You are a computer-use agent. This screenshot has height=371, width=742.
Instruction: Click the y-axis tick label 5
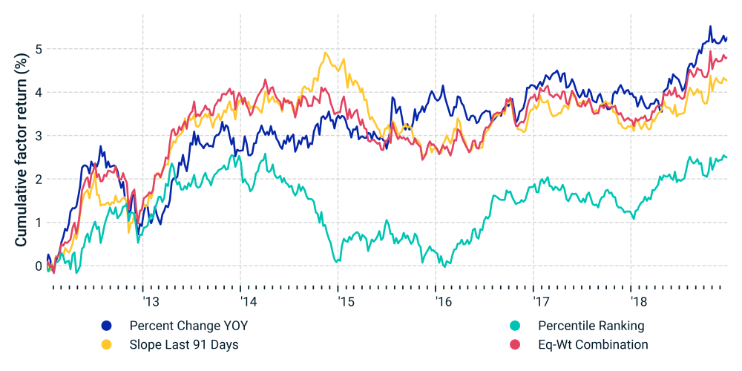tap(39, 50)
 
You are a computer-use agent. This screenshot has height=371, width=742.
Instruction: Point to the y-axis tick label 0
tap(39, 266)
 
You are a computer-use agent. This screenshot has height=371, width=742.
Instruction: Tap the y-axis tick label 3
tap(39, 137)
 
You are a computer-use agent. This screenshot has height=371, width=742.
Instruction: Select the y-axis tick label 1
tap(39, 223)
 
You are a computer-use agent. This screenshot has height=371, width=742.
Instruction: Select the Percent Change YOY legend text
tap(188, 326)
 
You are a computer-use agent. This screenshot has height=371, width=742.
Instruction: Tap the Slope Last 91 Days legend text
tap(184, 344)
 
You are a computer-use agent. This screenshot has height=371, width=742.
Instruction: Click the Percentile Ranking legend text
tap(591, 326)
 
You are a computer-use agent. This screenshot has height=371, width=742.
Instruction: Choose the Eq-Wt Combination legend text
tap(593, 344)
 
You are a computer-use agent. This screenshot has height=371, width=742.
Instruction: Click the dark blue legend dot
tap(106, 326)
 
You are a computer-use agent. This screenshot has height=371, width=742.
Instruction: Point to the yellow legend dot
tap(106, 344)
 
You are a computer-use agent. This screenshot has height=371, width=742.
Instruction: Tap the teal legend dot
tap(515, 326)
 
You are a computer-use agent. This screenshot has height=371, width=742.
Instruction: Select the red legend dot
tap(515, 344)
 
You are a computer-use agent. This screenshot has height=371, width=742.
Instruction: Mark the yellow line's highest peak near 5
tap(326, 53)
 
